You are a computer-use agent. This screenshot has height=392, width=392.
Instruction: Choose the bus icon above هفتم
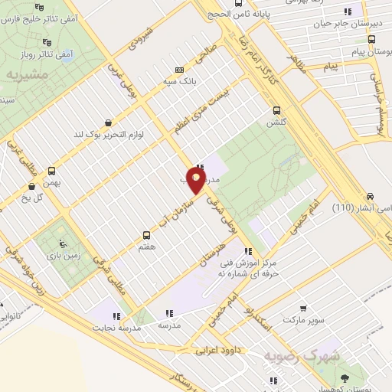(147, 235)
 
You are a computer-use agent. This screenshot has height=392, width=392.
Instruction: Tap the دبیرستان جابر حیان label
(345, 24)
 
